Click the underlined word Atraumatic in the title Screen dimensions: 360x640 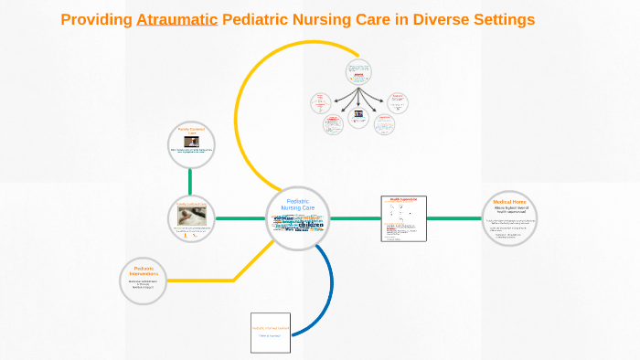coord(176,20)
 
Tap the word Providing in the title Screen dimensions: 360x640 coord(96,20)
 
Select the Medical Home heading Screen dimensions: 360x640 coord(509,201)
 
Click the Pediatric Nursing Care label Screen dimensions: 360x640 coord(297,205)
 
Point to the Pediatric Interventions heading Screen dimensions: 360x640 coord(143,271)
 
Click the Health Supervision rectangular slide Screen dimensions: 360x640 coord(403,218)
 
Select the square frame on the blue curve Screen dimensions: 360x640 coord(270,333)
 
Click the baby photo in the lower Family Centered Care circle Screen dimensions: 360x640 coord(191,215)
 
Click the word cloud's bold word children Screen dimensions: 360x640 coord(310,225)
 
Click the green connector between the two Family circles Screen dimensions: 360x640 coord(191,182)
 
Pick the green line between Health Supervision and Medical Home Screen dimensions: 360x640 coord(453,218)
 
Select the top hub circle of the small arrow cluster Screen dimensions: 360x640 coord(358,72)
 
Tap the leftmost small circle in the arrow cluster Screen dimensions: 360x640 coord(320,102)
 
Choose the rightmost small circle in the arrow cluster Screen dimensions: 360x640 coord(398,102)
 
